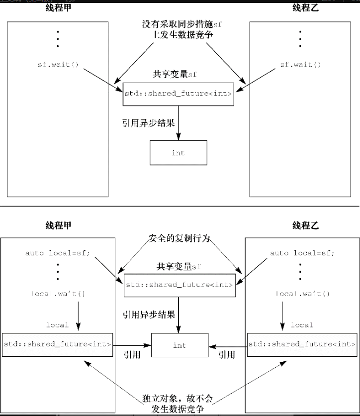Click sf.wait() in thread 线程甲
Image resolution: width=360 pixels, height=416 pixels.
[x=58, y=64]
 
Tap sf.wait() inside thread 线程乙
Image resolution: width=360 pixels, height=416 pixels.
[x=300, y=64]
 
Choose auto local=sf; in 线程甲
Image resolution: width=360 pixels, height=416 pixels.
[x=58, y=253]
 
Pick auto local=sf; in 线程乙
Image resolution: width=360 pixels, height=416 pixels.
[x=302, y=253]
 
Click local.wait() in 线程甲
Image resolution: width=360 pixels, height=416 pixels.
[x=58, y=294]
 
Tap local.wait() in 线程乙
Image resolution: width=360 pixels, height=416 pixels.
[x=302, y=294]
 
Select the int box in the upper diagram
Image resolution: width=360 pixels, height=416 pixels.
[x=178, y=153]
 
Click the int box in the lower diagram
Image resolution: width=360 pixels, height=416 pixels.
[x=179, y=345]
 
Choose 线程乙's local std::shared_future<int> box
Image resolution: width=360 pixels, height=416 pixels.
[x=302, y=344]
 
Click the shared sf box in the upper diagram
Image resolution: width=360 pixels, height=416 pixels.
[x=178, y=94]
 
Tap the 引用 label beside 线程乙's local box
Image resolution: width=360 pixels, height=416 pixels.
[x=227, y=355]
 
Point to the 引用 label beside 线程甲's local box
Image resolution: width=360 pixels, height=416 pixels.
[x=131, y=355]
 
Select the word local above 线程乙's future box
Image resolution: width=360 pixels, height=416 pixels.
[x=302, y=325]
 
